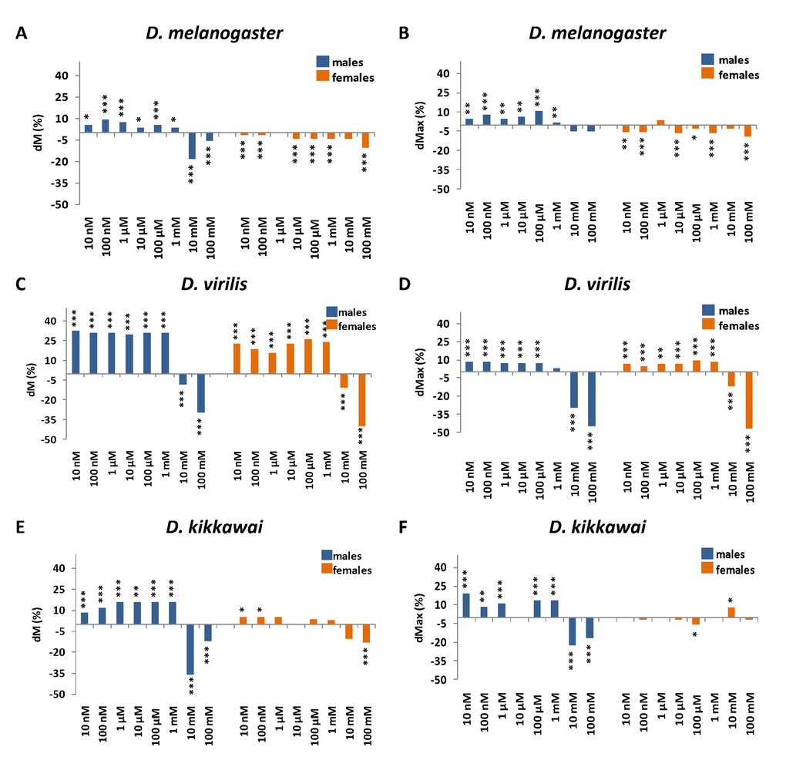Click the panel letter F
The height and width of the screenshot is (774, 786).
click(405, 529)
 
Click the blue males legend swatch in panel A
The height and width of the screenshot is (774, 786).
click(322, 62)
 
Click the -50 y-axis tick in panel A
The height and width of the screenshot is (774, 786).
click(61, 205)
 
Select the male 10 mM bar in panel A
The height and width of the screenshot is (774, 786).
click(193, 146)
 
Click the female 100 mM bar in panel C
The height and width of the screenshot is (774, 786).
click(361, 399)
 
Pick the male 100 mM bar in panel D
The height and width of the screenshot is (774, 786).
click(592, 399)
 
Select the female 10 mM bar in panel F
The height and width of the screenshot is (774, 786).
click(731, 612)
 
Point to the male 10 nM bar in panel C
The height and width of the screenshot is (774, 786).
click(76, 352)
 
